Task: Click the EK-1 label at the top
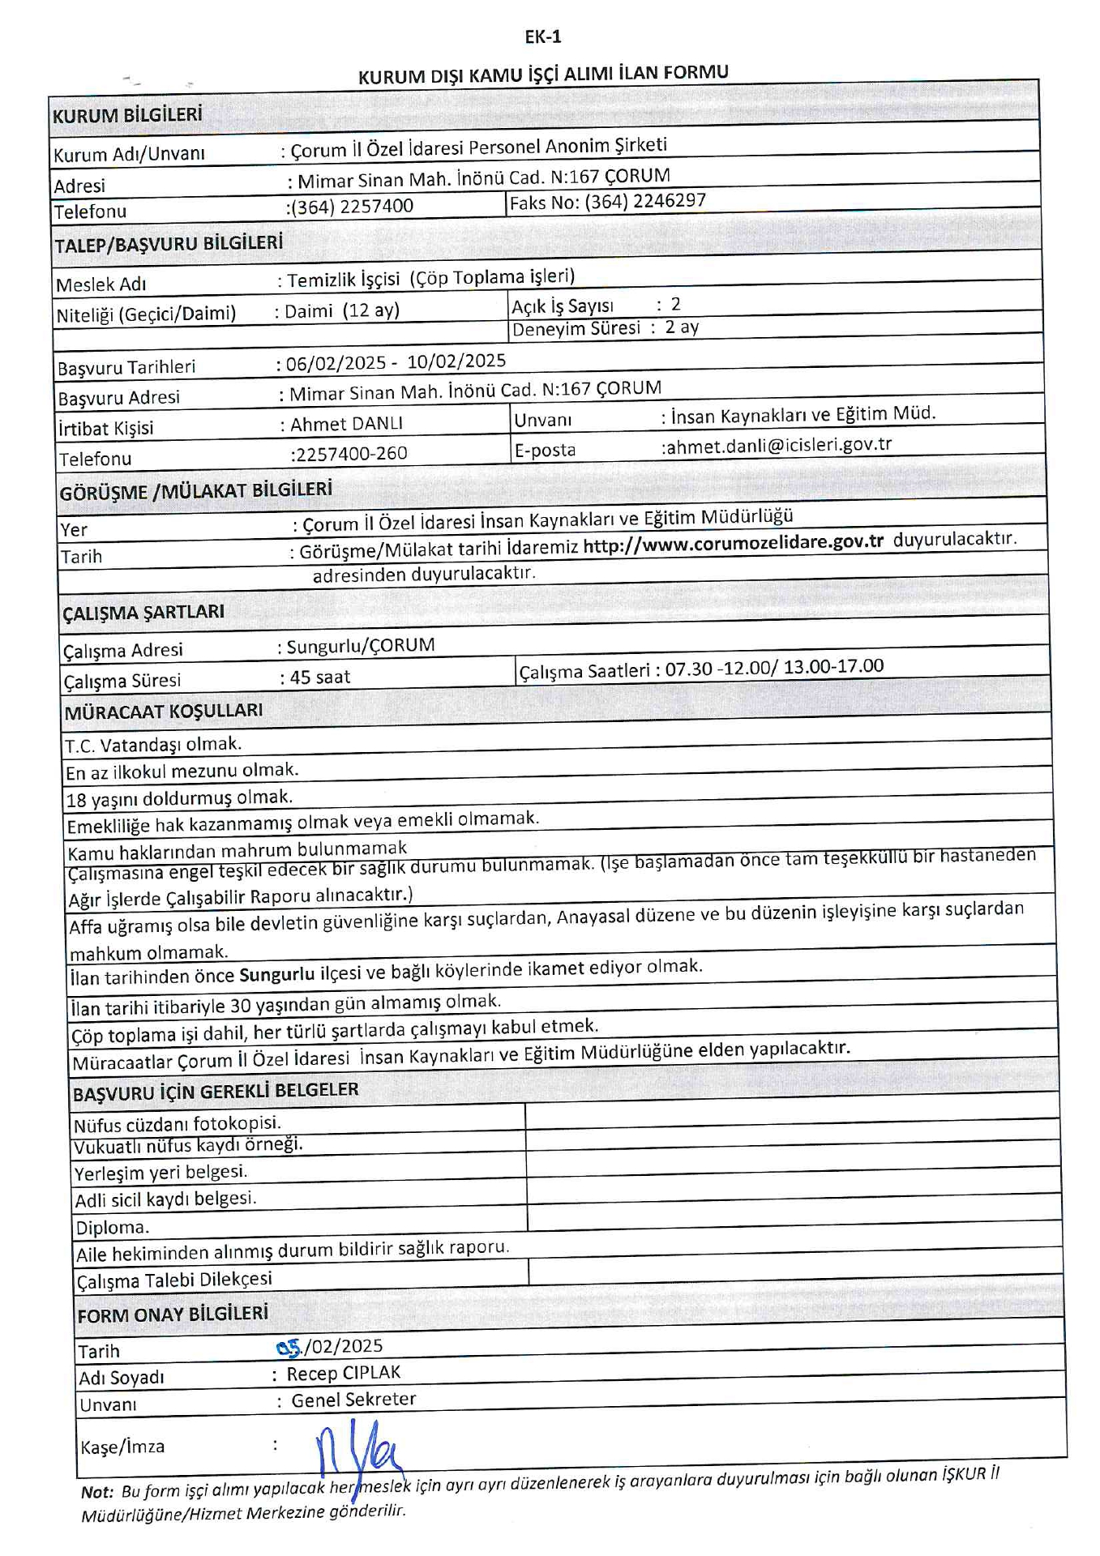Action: tap(542, 36)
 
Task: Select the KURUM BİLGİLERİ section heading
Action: tap(127, 115)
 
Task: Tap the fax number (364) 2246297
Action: tap(645, 201)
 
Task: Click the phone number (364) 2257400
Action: tap(353, 207)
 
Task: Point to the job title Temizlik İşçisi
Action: tap(344, 280)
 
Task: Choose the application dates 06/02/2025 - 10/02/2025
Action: tap(396, 362)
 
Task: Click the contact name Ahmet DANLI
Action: tap(346, 424)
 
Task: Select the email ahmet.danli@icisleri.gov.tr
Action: tap(777, 445)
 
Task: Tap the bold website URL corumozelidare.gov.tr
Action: tap(733, 543)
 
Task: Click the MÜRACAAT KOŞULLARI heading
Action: tap(164, 712)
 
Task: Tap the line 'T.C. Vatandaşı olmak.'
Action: tap(153, 744)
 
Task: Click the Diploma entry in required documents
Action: tap(112, 1227)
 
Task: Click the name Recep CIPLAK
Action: tap(344, 1373)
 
